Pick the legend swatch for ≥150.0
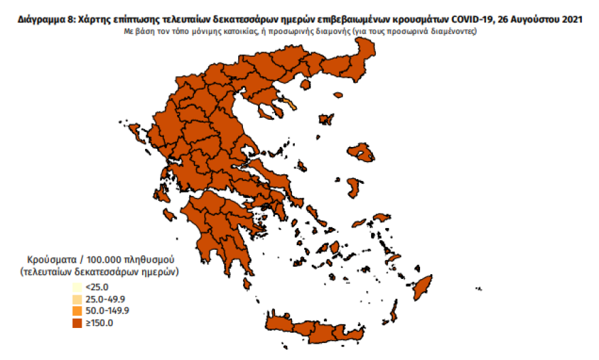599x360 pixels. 77,323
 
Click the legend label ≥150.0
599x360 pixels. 99,323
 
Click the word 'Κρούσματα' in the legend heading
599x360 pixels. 51,260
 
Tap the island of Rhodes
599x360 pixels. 424,287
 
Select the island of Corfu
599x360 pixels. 134,132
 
